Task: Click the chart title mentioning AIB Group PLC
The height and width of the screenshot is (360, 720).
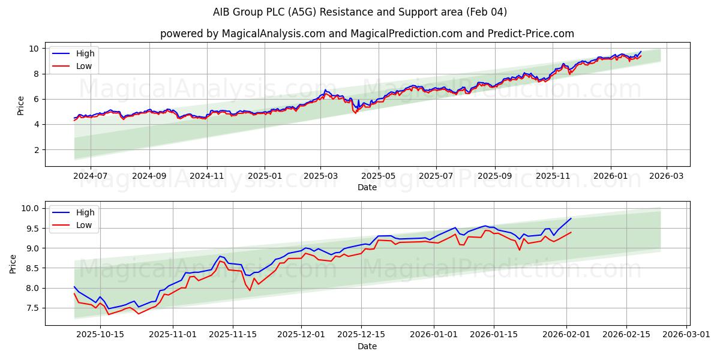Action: pos(360,12)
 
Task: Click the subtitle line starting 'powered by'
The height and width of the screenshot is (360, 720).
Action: pos(367,34)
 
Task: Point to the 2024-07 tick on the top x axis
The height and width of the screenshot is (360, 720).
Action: pos(90,176)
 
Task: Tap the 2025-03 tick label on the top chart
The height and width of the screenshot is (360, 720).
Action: pos(320,176)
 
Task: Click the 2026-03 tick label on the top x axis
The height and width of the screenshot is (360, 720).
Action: pos(667,176)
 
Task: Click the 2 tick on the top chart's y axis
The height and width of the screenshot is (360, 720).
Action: pos(37,150)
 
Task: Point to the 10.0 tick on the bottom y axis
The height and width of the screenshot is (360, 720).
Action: pos(30,209)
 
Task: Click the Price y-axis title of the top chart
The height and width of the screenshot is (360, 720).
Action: pos(21,106)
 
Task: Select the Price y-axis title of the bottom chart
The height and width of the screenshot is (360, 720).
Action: pos(13,264)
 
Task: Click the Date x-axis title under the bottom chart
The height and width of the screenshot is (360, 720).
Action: pos(367,347)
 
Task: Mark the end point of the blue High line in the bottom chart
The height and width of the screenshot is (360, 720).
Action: pos(571,218)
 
